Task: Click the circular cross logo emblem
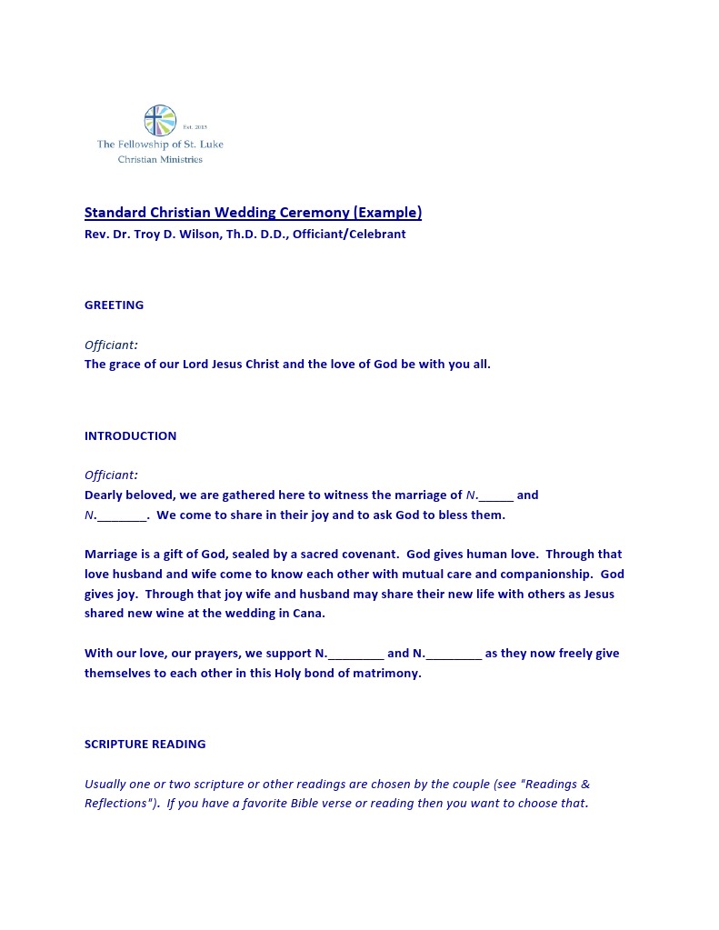(160, 120)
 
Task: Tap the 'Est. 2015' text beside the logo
(195, 127)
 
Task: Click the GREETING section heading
(114, 305)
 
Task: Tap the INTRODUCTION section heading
(130, 436)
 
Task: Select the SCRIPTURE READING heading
(145, 745)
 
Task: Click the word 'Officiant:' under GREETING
(111, 345)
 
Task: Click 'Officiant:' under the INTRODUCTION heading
(111, 475)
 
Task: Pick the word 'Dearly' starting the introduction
(105, 495)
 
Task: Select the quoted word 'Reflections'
(116, 804)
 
